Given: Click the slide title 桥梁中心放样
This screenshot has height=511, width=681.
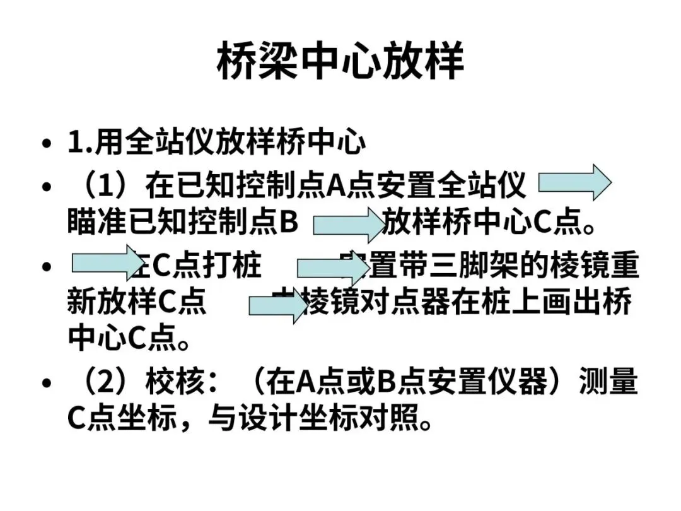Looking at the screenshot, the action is click(x=340, y=62).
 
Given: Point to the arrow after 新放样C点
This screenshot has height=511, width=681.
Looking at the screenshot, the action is click(x=277, y=307).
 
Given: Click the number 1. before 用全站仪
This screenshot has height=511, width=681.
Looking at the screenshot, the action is click(x=81, y=143).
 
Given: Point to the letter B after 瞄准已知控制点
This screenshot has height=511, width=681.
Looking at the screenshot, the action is click(x=288, y=223).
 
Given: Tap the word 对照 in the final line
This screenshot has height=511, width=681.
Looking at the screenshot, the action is click(x=392, y=418).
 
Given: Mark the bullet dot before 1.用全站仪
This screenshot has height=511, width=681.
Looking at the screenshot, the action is click(x=46, y=144).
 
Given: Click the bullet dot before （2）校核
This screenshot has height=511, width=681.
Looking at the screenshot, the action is click(x=46, y=383).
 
